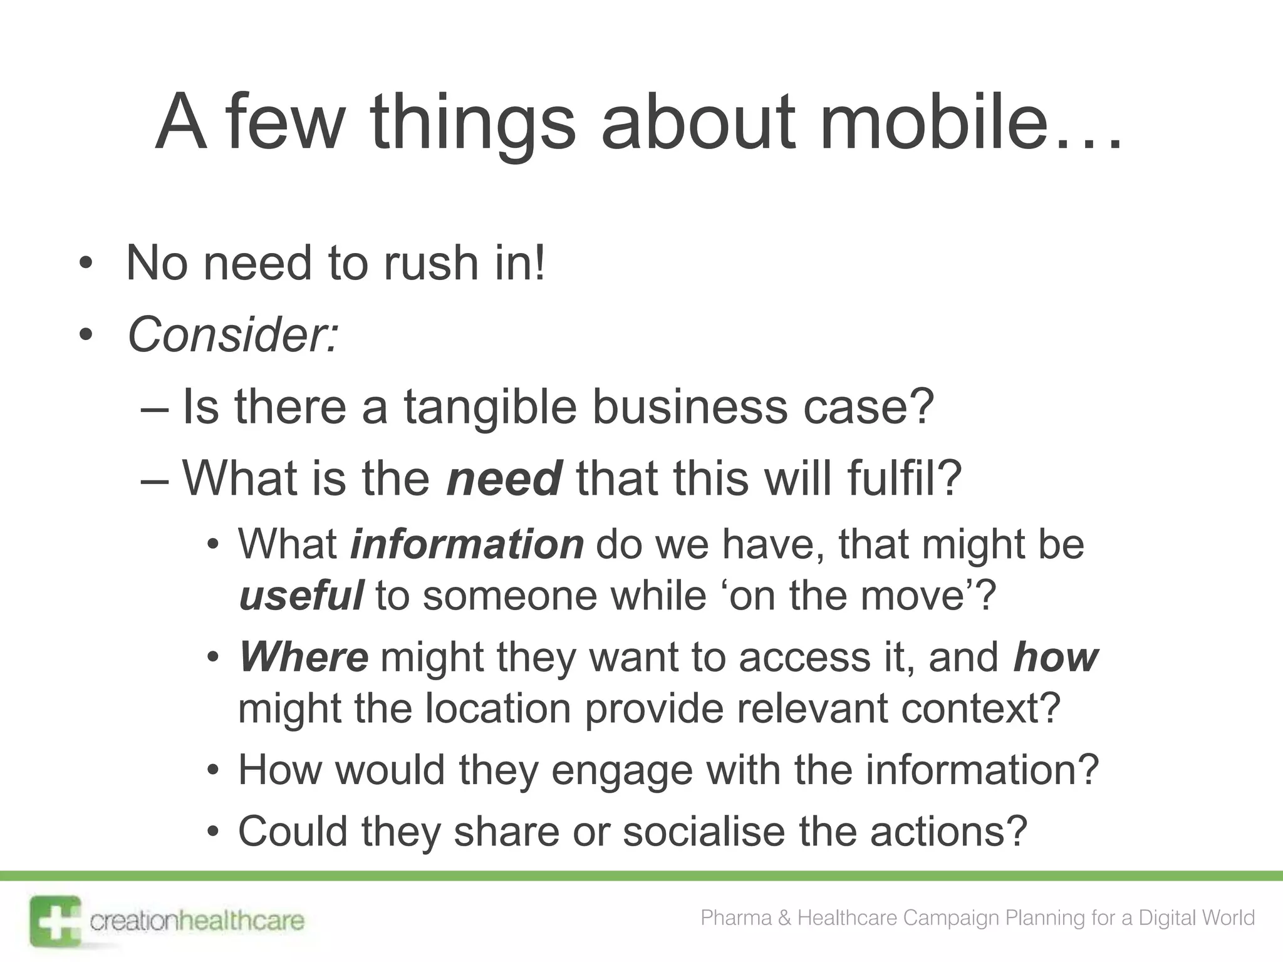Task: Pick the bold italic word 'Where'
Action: click(304, 657)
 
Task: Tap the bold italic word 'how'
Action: click(1056, 657)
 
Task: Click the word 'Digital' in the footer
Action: click(1167, 918)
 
